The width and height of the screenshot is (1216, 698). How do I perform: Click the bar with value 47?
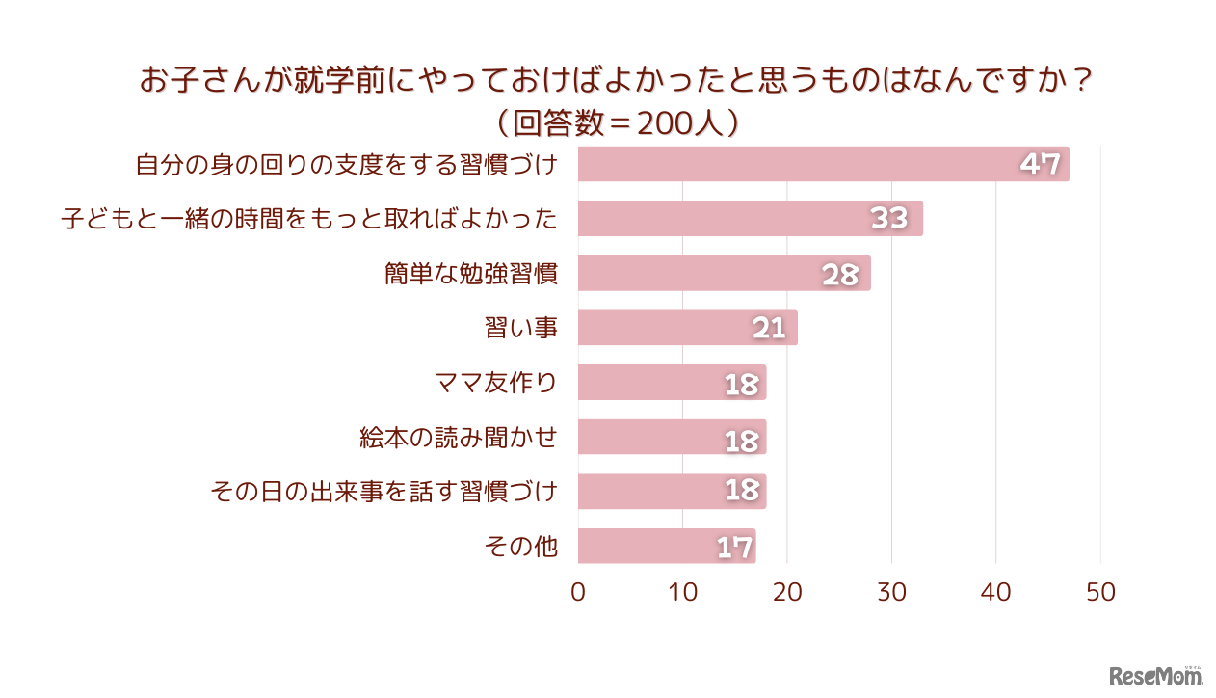(x=823, y=164)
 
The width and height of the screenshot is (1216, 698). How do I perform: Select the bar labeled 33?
(x=750, y=219)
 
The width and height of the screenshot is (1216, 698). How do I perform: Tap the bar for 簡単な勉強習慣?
(x=724, y=274)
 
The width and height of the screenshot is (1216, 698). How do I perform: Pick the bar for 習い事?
(x=687, y=328)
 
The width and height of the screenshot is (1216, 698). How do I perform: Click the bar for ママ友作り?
(x=672, y=383)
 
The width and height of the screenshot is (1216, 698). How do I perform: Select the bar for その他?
(x=667, y=546)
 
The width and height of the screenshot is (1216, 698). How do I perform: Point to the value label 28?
(x=839, y=275)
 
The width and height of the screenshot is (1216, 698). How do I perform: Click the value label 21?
(x=769, y=329)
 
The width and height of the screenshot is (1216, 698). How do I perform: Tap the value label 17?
(x=734, y=548)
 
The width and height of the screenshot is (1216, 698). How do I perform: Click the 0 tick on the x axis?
(x=578, y=592)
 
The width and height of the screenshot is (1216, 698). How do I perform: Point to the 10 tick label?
(x=682, y=592)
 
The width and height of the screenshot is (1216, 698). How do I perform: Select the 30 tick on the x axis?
(x=891, y=592)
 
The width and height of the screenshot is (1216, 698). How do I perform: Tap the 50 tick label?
(x=1100, y=592)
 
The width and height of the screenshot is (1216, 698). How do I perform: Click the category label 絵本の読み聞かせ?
(x=458, y=438)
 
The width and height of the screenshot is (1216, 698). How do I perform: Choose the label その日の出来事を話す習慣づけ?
(x=383, y=492)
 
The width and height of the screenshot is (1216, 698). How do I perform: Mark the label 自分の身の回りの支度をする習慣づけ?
(x=346, y=165)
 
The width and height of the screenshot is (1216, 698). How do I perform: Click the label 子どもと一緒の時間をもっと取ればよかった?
(x=309, y=219)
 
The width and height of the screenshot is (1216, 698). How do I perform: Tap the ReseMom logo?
(x=1155, y=676)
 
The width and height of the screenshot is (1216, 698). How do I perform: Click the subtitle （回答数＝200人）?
(x=616, y=122)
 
